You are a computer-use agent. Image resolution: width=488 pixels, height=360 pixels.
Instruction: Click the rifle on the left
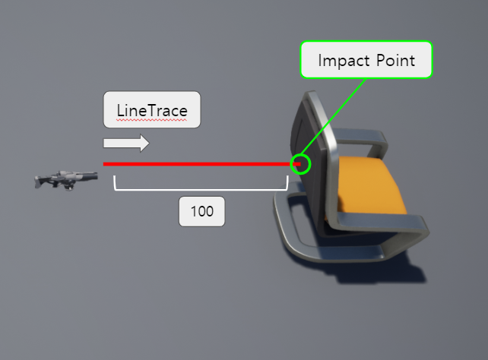(66, 180)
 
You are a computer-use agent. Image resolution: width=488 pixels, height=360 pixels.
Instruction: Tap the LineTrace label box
(151, 110)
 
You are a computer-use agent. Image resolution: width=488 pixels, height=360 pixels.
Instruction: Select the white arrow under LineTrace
(126, 143)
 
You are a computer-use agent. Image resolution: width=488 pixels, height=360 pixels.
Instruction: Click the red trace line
(198, 163)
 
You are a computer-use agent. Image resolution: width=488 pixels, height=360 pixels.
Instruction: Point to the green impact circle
(301, 163)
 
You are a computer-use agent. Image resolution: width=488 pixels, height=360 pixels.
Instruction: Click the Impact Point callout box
(366, 59)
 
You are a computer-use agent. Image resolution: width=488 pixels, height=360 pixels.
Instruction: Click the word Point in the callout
(395, 60)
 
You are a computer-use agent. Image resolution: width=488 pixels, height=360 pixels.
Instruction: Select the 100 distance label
(201, 211)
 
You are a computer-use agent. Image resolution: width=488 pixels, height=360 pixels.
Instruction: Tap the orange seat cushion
(372, 190)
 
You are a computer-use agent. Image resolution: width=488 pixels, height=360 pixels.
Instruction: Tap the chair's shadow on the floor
(395, 270)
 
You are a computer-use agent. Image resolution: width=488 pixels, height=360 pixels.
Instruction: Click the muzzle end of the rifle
(95, 175)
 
